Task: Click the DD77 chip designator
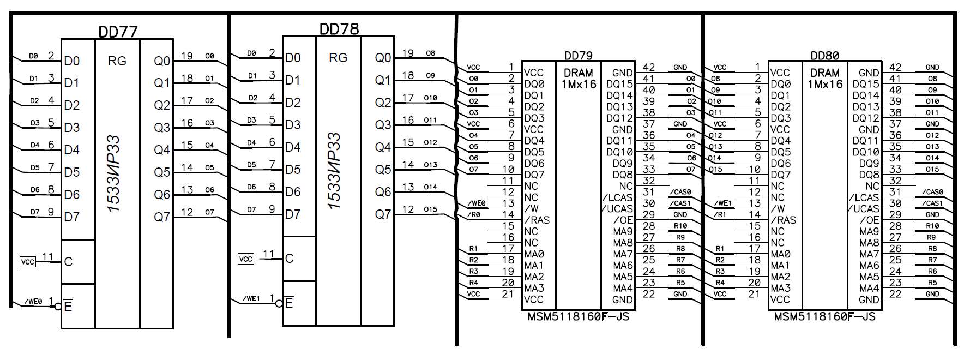coord(118,32)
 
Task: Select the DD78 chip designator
coord(339,29)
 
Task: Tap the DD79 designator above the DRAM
coord(578,56)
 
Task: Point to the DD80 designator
coord(824,56)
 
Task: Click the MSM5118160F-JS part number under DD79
coord(578,317)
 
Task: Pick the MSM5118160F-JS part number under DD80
coord(824,317)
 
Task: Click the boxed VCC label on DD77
coord(27,262)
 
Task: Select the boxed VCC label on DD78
coord(246,259)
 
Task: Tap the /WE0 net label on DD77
coord(34,301)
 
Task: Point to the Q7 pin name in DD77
coord(162,217)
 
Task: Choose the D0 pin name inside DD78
coord(293,58)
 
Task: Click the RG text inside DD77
coord(117,61)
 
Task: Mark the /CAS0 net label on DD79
coord(680,192)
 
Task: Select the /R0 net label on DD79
coord(474,215)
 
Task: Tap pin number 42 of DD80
coord(895,67)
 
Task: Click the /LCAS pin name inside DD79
coord(618,197)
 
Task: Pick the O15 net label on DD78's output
coord(430,209)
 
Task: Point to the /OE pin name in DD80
coord(869,220)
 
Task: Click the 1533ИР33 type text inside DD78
coord(334,170)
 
